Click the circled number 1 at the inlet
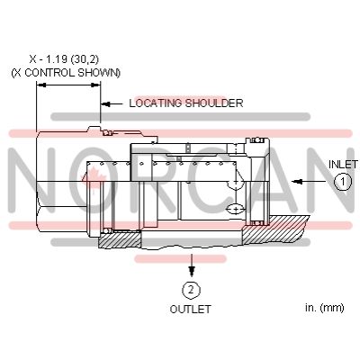pos(342,181)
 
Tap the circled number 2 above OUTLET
pos(191,289)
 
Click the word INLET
pos(342,165)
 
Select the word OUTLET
pos(191,309)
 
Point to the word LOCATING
pos(155,103)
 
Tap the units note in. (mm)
pos(324,309)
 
